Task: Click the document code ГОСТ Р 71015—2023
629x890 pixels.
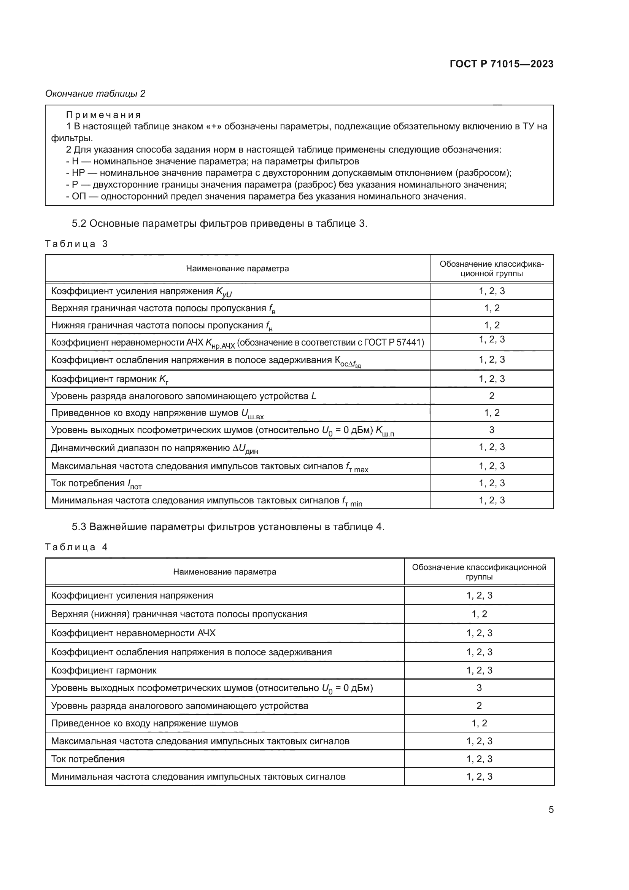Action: pyautogui.click(x=501, y=64)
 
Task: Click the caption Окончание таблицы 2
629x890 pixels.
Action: pyautogui.click(x=95, y=94)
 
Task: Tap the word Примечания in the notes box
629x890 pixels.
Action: pyautogui.click(x=103, y=115)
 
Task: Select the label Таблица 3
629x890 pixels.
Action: pyautogui.click(x=76, y=244)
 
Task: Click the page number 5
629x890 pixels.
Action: pyautogui.click(x=551, y=809)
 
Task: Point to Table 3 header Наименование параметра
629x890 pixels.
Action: pyautogui.click(x=237, y=269)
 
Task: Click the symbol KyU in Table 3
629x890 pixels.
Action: pyautogui.click(x=224, y=292)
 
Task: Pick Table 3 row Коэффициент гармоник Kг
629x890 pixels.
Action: pyautogui.click(x=110, y=379)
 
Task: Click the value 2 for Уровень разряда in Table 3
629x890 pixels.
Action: pyautogui.click(x=491, y=396)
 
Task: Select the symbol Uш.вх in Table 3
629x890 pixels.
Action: pyautogui.click(x=252, y=414)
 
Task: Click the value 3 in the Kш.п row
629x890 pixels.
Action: pyautogui.click(x=491, y=430)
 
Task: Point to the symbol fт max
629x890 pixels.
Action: pyautogui.click(x=357, y=467)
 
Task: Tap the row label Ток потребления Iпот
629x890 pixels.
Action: pyautogui.click(x=97, y=484)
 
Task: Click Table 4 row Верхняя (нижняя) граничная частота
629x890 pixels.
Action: pyautogui.click(x=179, y=614)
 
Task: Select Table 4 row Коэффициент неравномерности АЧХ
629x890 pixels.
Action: pyautogui.click(x=133, y=633)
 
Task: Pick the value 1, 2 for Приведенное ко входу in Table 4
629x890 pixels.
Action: pyautogui.click(x=479, y=723)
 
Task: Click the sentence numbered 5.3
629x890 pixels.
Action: pyautogui.click(x=228, y=527)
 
